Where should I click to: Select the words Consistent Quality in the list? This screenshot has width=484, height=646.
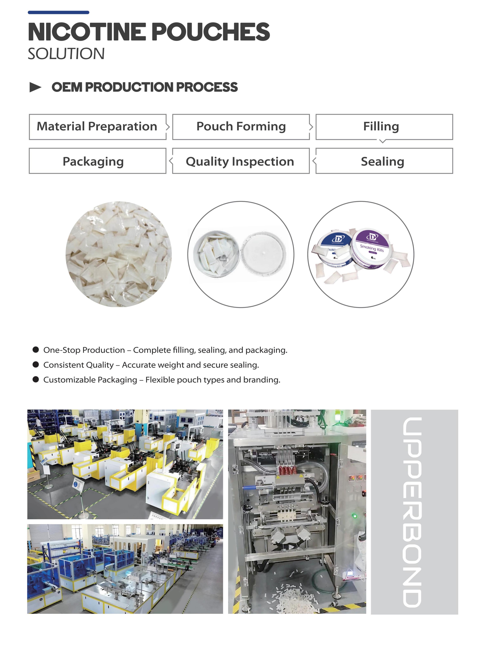click(x=78, y=365)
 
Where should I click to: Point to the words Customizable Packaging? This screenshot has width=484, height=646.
click(x=90, y=380)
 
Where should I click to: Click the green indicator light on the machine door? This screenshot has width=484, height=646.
click(x=355, y=516)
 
